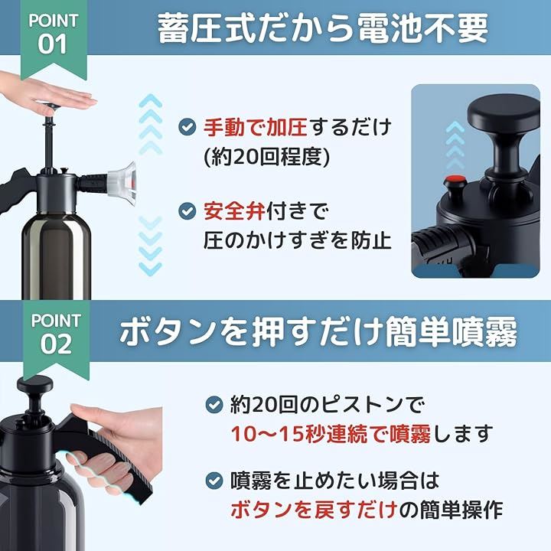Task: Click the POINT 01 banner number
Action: [52, 44]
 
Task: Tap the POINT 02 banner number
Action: [56, 344]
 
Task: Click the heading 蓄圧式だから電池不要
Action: [323, 28]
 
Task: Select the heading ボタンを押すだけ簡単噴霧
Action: [318, 331]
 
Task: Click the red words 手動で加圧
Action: [256, 127]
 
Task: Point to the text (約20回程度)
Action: [267, 156]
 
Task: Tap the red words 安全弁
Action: [234, 211]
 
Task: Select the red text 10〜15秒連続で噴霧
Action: [331, 434]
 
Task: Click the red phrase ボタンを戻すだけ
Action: [315, 510]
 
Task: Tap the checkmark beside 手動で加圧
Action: [187, 127]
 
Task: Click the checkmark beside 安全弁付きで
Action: [187, 211]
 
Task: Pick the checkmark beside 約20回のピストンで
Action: [214, 405]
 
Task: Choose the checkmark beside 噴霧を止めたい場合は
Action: [214, 481]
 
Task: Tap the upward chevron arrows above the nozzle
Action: [151, 124]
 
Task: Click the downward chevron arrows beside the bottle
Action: [151, 246]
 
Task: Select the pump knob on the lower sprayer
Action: [34, 384]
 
